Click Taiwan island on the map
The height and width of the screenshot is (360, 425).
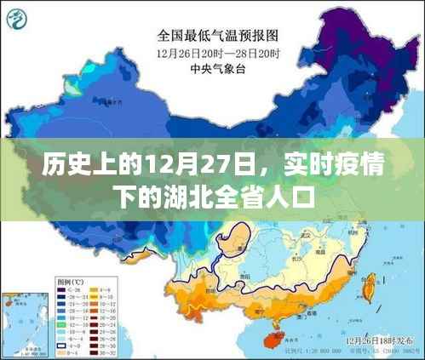click(x=369, y=290)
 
